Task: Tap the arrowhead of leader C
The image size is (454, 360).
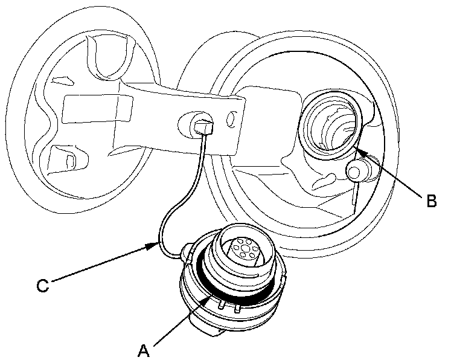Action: [x=159, y=244]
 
